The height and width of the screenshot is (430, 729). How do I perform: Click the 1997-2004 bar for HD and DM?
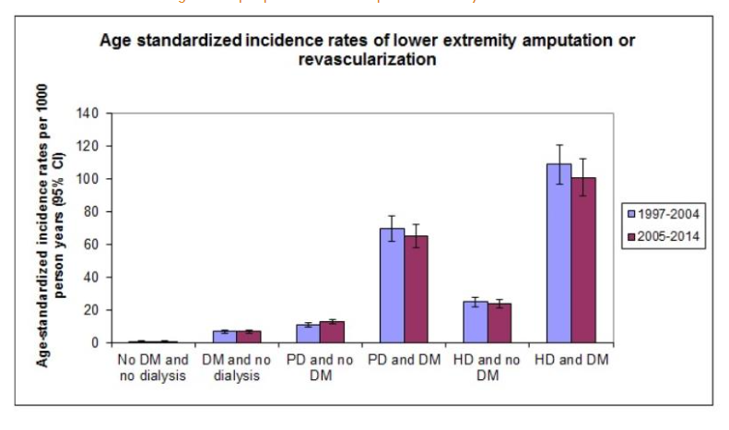(559, 254)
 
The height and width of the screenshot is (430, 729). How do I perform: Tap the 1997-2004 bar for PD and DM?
(393, 286)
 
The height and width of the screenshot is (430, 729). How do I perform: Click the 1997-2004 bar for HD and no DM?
(476, 322)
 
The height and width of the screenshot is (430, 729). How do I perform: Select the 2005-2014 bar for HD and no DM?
(500, 323)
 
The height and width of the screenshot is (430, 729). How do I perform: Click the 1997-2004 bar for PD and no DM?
(309, 334)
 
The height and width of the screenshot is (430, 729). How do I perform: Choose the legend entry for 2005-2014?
(663, 236)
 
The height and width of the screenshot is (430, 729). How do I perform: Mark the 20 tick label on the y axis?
(91, 310)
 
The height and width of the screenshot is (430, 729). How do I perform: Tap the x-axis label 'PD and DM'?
(404, 358)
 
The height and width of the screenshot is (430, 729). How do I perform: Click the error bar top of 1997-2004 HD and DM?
(559, 145)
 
